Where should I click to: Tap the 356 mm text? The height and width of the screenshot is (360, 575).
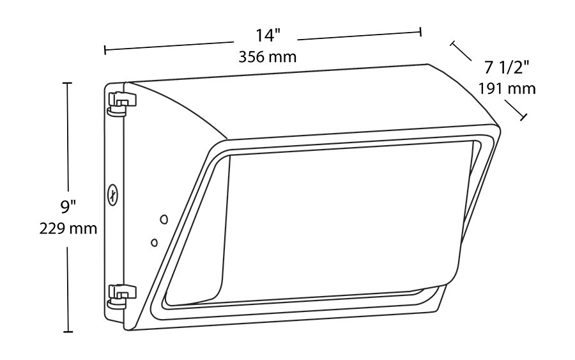[267, 57]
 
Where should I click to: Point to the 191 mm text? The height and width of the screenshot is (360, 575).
[507, 88]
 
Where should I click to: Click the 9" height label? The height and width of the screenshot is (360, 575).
[68, 207]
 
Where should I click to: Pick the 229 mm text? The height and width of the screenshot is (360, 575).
[68, 228]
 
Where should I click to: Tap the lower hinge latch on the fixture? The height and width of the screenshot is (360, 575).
[122, 295]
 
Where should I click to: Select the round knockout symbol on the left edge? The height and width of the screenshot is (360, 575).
[113, 194]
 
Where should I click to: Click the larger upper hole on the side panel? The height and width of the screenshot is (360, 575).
[164, 219]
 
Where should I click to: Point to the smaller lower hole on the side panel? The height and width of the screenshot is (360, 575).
[154, 242]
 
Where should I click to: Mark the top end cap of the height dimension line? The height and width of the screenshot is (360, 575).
[68, 83]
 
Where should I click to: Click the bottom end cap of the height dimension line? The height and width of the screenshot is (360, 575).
[68, 332]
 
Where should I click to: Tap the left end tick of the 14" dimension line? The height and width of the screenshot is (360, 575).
[105, 49]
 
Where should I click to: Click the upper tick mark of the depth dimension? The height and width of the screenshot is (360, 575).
[452, 43]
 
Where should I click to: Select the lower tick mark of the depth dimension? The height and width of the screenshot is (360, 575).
[525, 117]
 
